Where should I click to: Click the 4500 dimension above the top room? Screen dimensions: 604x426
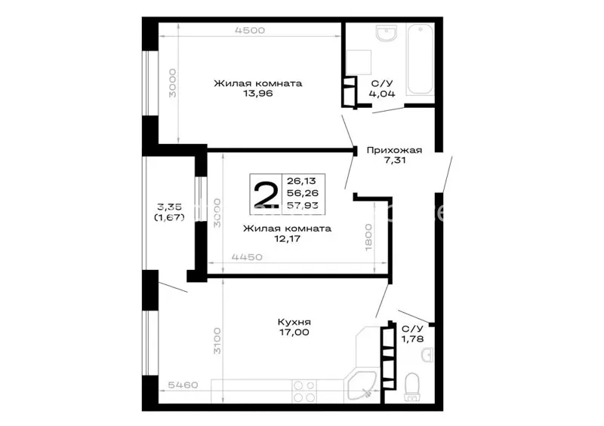click(250, 30)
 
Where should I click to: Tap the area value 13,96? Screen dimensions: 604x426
click(258, 93)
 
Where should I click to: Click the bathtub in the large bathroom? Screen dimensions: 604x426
click(421, 59)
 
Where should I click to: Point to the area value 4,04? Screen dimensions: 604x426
click(382, 93)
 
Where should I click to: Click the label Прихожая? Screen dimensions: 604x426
click(394, 150)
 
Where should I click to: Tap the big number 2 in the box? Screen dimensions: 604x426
click(266, 194)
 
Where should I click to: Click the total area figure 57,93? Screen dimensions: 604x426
click(303, 206)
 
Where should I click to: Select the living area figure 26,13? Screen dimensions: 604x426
click(301, 181)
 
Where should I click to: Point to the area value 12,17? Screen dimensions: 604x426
click(288, 238)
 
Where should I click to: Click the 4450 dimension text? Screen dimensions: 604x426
click(247, 256)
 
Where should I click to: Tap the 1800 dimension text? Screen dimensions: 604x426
click(368, 238)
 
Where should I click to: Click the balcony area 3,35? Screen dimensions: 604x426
click(169, 207)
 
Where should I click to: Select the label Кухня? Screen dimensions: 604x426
click(294, 322)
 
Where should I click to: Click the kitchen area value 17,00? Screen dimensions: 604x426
click(294, 332)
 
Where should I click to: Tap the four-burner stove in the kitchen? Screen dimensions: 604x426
click(305, 391)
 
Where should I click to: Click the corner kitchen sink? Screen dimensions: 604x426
click(361, 385)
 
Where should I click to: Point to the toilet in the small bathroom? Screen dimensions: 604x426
click(412, 387)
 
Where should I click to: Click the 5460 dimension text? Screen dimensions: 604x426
click(183, 385)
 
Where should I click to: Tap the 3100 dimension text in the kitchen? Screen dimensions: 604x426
click(217, 341)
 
